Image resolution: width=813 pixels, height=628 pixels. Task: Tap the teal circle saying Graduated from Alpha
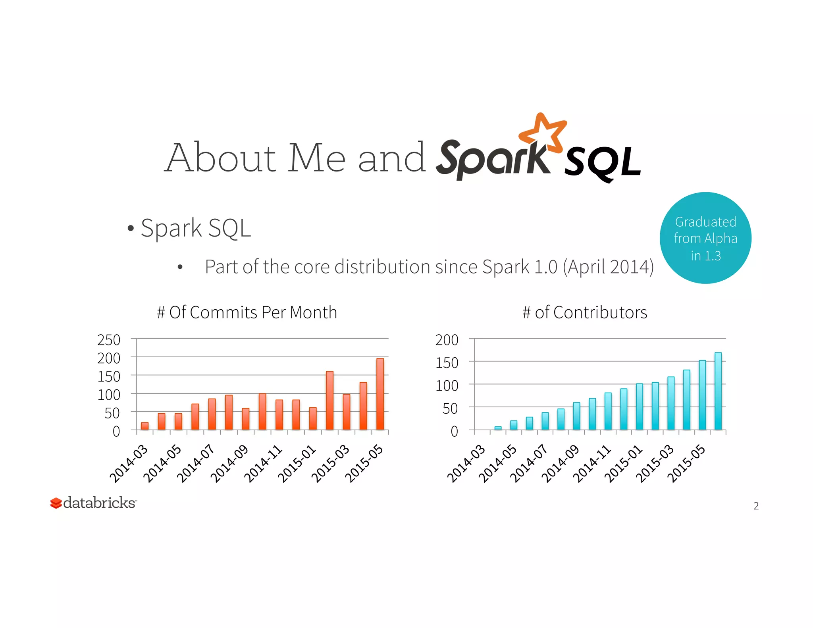pyautogui.click(x=705, y=238)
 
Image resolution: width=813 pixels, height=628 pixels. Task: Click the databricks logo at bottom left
pyautogui.click(x=94, y=503)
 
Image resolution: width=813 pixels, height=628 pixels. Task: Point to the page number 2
pyautogui.click(x=756, y=506)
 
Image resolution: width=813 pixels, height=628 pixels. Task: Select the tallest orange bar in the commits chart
pyautogui.click(x=380, y=394)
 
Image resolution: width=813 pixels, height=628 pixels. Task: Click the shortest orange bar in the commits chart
pyautogui.click(x=145, y=426)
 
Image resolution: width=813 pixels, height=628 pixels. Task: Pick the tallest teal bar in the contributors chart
pyautogui.click(x=718, y=391)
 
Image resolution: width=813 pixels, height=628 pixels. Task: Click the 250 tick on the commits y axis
pyautogui.click(x=109, y=340)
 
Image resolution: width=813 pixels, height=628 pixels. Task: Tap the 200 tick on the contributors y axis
pyautogui.click(x=447, y=340)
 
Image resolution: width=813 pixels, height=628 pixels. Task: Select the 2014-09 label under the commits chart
pyautogui.click(x=229, y=464)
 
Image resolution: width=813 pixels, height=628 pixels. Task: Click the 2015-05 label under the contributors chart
pyautogui.click(x=686, y=464)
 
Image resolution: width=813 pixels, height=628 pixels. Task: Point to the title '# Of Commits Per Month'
pyautogui.click(x=247, y=312)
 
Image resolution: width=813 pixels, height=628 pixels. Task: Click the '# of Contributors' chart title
pyautogui.click(x=585, y=312)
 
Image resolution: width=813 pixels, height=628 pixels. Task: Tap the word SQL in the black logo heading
pyautogui.click(x=602, y=163)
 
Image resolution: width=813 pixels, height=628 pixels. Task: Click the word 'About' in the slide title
pyautogui.click(x=221, y=158)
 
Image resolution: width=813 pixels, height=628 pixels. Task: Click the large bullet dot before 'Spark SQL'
pyautogui.click(x=131, y=229)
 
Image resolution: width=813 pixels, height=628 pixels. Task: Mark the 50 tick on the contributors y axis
pyautogui.click(x=450, y=408)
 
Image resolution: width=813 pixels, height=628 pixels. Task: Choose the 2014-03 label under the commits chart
pyautogui.click(x=129, y=464)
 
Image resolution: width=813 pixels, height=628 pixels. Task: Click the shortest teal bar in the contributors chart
pyautogui.click(x=498, y=428)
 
